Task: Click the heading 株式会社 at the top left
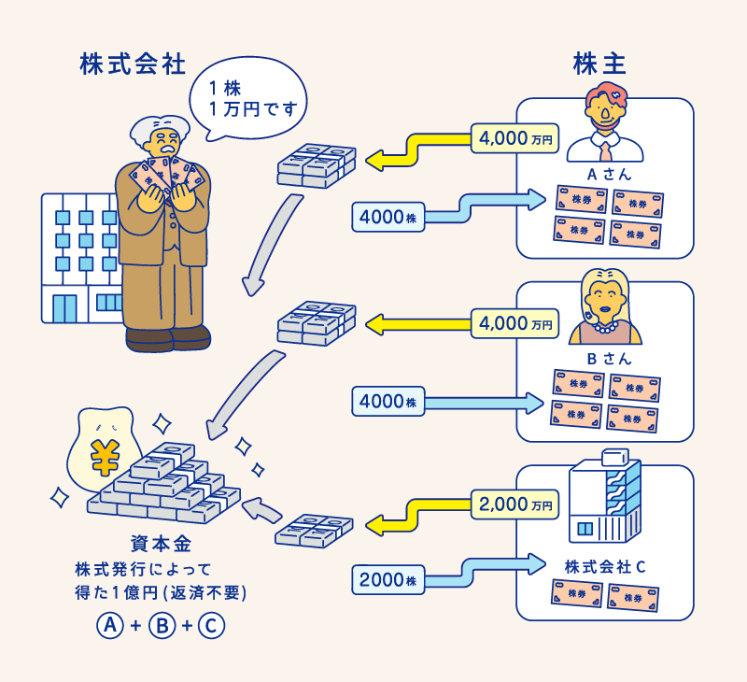point(133,64)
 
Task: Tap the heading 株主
point(599,64)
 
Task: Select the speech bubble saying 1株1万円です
point(248,99)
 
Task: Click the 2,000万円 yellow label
point(514,504)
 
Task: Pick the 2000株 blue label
point(388,579)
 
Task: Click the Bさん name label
point(609,359)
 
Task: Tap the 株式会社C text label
point(604,567)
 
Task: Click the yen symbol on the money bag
point(105,458)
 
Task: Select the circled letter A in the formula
point(110,625)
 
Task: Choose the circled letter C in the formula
point(211,625)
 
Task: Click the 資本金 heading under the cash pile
point(161,544)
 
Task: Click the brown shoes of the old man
point(168,338)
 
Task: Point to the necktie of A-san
point(605,150)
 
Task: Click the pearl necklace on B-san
point(605,328)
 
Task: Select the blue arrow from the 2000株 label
point(485,572)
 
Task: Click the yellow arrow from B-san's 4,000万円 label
point(418,324)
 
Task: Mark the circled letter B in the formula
point(162,625)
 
